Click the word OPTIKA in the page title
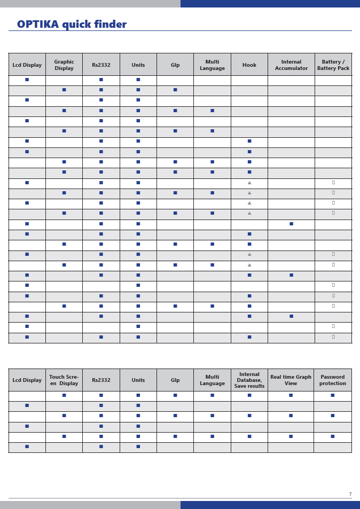pos(38,25)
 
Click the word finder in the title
pos(110,25)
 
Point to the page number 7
pos(350,495)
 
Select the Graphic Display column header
pos(64,65)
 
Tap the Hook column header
pos(249,65)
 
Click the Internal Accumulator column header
pos(291,65)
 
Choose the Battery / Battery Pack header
pos(333,65)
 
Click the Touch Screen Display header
pos(64,380)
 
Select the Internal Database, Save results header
pos(249,380)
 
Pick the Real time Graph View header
pos(291,380)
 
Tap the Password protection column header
pos(332,380)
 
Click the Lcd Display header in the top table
pos(27,65)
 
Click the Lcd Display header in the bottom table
pos(27,380)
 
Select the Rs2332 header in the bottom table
pos(101,380)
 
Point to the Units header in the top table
pos(138,65)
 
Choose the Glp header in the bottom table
pos(175,380)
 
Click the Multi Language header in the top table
pos(212,65)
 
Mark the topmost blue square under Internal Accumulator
pos(291,224)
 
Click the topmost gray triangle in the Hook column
pos(249,183)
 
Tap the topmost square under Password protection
pos(332,395)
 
